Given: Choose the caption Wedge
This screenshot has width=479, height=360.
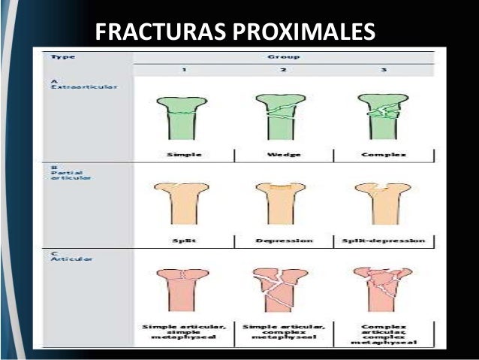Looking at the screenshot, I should tap(282, 155).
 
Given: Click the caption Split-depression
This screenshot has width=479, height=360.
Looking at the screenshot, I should tap(383, 242).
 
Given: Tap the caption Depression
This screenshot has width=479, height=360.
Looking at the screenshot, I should tap(283, 242).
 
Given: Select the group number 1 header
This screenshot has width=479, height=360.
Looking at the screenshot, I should tap(185, 70).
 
